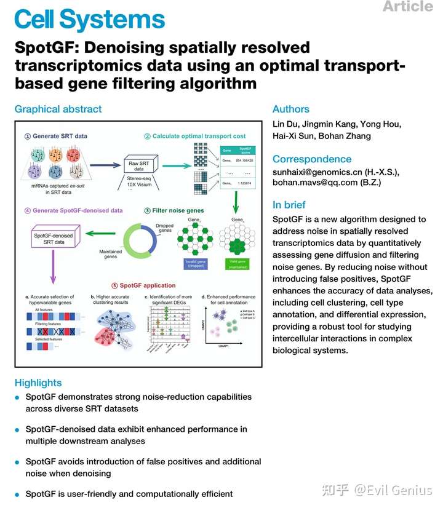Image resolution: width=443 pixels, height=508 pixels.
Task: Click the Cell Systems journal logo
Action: tap(90, 20)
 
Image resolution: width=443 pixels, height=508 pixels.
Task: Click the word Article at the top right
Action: tap(407, 6)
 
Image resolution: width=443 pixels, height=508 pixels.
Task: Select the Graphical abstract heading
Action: tap(58, 109)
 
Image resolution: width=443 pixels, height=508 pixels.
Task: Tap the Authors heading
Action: tap(291, 109)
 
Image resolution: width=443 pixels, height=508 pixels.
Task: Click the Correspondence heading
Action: tap(312, 159)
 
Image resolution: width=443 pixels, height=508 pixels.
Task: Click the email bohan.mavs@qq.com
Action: tap(316, 183)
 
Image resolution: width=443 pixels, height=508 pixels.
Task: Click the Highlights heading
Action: tap(38, 383)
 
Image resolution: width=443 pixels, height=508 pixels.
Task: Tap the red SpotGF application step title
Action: tap(147, 285)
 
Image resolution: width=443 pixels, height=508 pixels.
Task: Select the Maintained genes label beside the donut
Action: tap(111, 253)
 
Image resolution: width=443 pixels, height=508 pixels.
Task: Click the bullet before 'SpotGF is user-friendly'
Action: tap(18, 494)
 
